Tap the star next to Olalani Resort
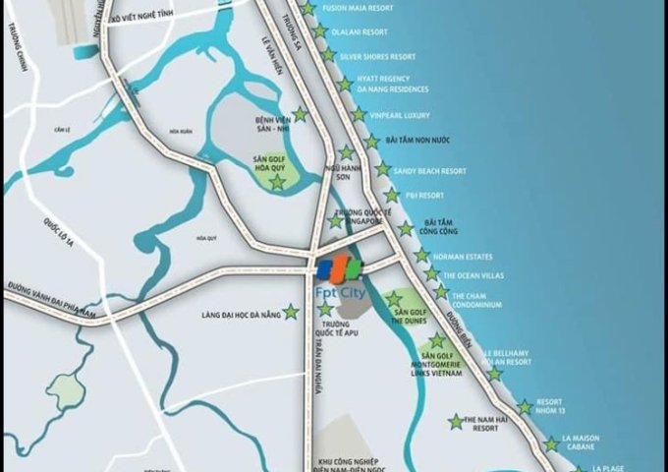pyautogui.click(x=320, y=31)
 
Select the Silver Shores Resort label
pyautogui.click(x=377, y=57)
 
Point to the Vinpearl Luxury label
pyautogui.click(x=396, y=115)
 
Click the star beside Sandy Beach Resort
pyautogui.click(x=382, y=170)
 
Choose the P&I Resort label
pyautogui.click(x=424, y=196)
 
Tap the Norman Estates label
pyautogui.click(x=465, y=256)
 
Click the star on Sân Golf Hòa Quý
pyautogui.click(x=277, y=182)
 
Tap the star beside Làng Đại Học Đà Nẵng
pyautogui.click(x=291, y=312)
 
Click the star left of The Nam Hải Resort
pyautogui.click(x=456, y=422)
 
